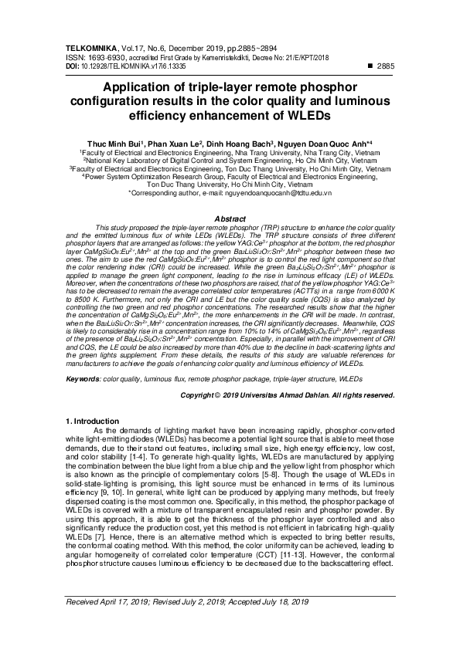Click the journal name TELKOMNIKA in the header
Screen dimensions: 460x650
click(90, 47)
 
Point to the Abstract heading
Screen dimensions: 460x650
click(230, 219)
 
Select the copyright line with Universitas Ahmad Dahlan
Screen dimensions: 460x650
click(287, 394)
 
